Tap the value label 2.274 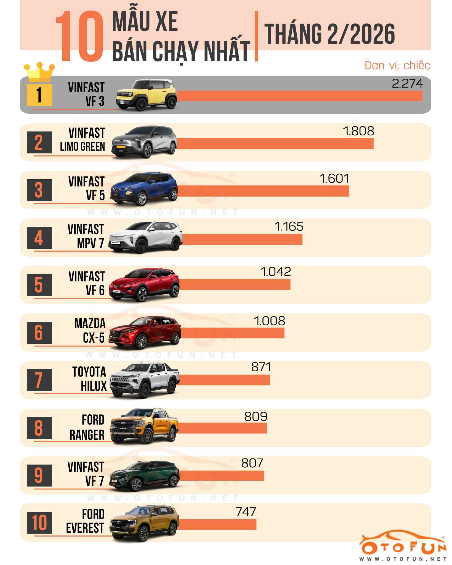(x=407, y=83)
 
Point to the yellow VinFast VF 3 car (x=146, y=95)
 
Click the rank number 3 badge (x=39, y=190)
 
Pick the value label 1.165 (x=289, y=226)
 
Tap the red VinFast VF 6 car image (x=144, y=285)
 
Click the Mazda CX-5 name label (x=90, y=330)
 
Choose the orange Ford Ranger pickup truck (x=144, y=427)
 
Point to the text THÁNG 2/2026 (x=330, y=34)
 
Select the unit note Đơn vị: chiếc (x=397, y=66)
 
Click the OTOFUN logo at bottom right (x=403, y=548)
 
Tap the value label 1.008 (x=269, y=321)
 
